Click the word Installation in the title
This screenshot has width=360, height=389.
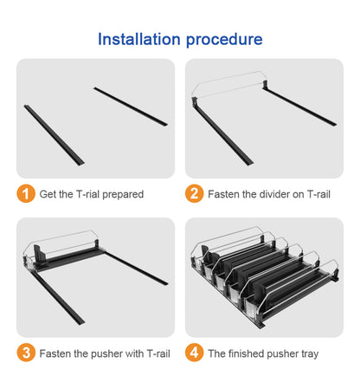[139, 39]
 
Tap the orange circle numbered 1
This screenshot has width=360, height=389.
[26, 194]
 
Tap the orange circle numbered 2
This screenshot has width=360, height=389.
[195, 194]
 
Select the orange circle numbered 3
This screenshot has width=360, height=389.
[26, 353]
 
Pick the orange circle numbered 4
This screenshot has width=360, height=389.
[195, 353]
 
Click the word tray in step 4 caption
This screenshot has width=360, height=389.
[310, 354]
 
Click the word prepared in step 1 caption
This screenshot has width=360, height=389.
[123, 195]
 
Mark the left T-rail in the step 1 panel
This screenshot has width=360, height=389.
[54, 135]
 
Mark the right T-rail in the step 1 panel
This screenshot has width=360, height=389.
[131, 107]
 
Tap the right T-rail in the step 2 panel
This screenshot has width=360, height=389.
[299, 106]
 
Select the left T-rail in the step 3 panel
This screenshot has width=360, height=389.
[57, 297]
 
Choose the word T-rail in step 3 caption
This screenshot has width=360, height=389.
[158, 353]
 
